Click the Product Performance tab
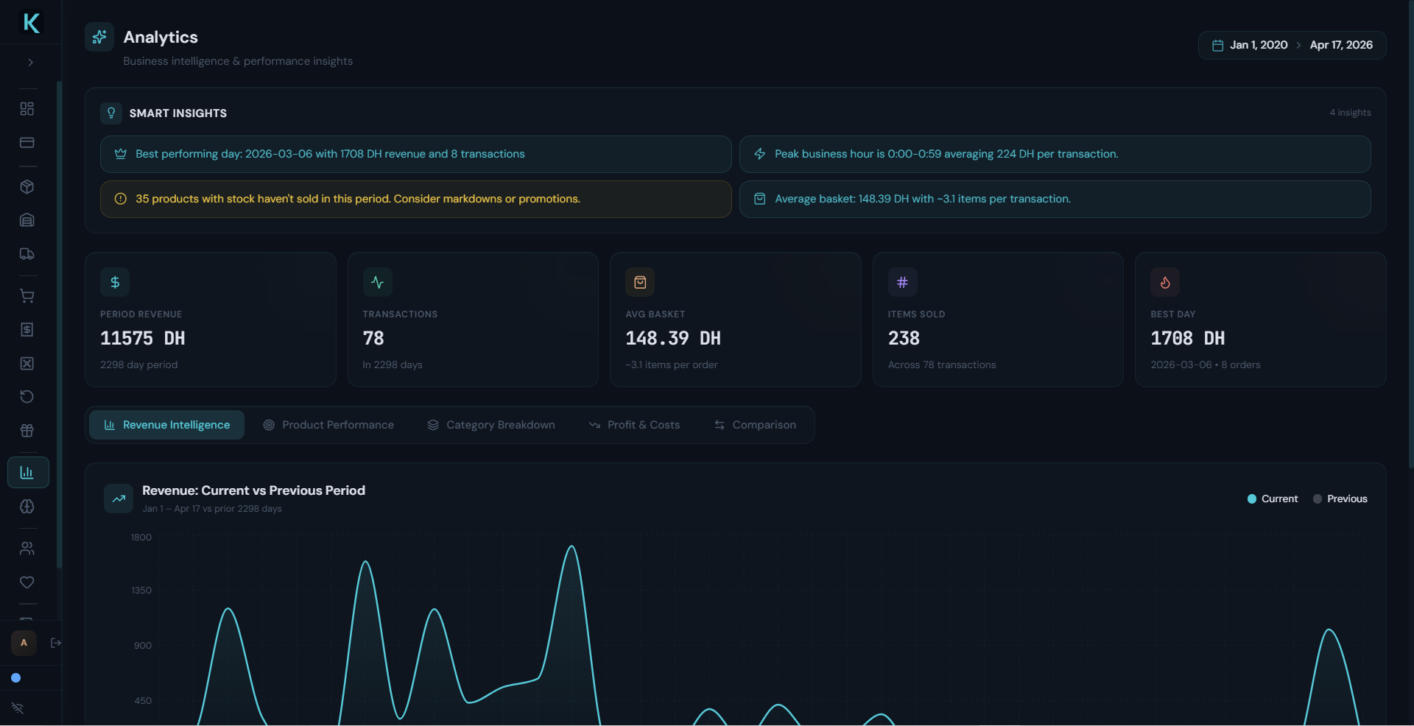329,425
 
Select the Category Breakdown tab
491,425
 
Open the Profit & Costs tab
634,425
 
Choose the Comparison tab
755,425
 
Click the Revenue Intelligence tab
167,425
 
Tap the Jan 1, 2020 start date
1258,45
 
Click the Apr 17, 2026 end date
1340,45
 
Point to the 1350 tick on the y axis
141,591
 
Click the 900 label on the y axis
143,646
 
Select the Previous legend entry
1340,499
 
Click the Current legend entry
1273,499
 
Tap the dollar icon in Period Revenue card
115,282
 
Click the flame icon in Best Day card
1165,282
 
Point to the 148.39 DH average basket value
672,339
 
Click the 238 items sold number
904,339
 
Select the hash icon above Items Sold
902,282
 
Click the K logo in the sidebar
31,23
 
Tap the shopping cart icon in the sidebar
27,296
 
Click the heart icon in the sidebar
27,582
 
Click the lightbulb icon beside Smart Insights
111,113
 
